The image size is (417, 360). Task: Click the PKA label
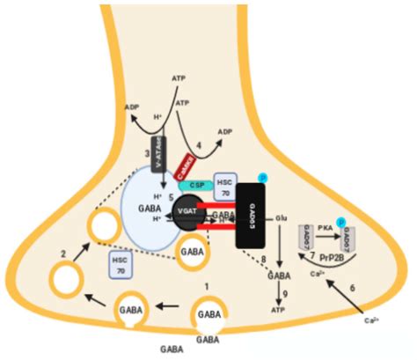pos(326,227)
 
